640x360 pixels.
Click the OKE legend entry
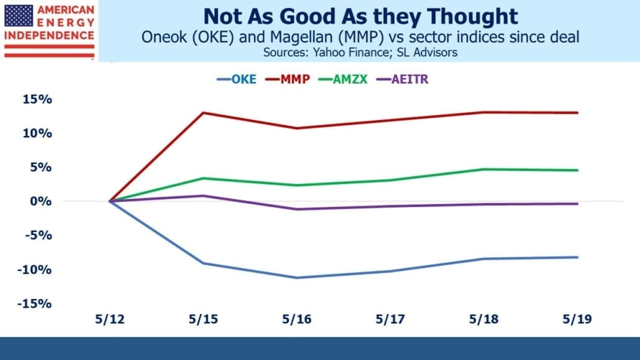click(237, 79)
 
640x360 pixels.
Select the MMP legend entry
click(287, 79)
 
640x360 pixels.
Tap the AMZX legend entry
click(343, 79)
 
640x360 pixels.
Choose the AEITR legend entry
click(403, 79)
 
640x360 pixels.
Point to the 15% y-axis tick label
click(37, 99)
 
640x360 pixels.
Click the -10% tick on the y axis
click(35, 270)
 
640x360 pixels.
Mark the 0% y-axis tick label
click(41, 201)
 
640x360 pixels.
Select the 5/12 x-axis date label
click(110, 319)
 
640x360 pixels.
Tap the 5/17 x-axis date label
click(390, 319)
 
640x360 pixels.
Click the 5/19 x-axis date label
click(577, 319)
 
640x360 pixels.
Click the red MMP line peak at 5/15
click(203, 113)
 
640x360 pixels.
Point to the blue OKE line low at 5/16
click(297, 278)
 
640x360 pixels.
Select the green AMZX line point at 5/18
click(483, 169)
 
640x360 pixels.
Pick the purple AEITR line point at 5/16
click(297, 209)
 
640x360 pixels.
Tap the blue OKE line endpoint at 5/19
click(577, 257)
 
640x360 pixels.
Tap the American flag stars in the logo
click(19, 16)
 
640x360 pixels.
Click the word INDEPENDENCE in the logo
click(49, 35)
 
